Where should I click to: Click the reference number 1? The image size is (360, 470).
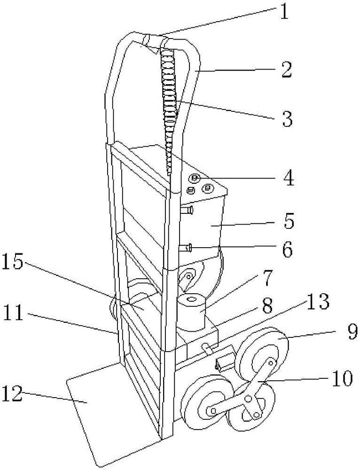click(x=284, y=12)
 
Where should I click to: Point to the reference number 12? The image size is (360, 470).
click(x=12, y=393)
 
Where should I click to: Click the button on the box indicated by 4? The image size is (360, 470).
click(x=194, y=178)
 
